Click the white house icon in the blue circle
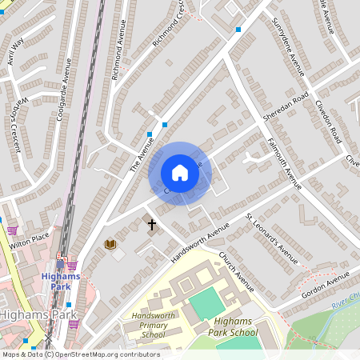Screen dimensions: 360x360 (180, 173)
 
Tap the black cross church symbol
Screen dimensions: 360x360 (152, 225)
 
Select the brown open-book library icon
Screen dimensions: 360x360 (110, 244)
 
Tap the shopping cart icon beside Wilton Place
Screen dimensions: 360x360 (12, 230)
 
